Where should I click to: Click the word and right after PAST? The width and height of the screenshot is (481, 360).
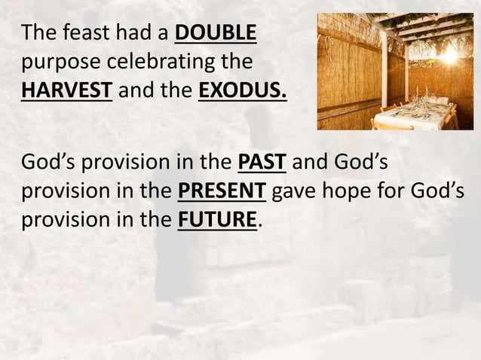click(307, 161)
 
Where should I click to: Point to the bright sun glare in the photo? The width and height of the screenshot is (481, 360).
click(449, 53)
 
